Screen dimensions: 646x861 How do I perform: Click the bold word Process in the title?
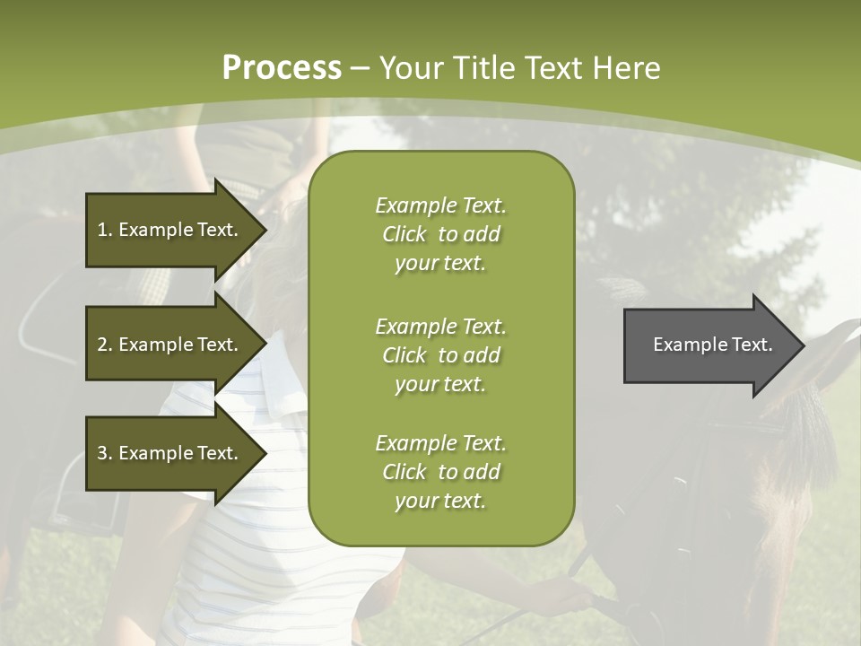click(x=282, y=68)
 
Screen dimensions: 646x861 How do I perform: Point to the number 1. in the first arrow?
click(x=105, y=230)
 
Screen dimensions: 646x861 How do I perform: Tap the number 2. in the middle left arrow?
click(x=105, y=345)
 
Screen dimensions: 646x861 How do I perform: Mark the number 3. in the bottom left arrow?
click(x=105, y=453)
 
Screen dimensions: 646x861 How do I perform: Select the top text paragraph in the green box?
click(x=440, y=234)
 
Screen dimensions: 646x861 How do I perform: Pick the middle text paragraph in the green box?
click(x=440, y=355)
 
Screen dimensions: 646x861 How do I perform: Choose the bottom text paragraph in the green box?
click(x=440, y=472)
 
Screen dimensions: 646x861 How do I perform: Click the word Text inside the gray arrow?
click(x=752, y=345)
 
